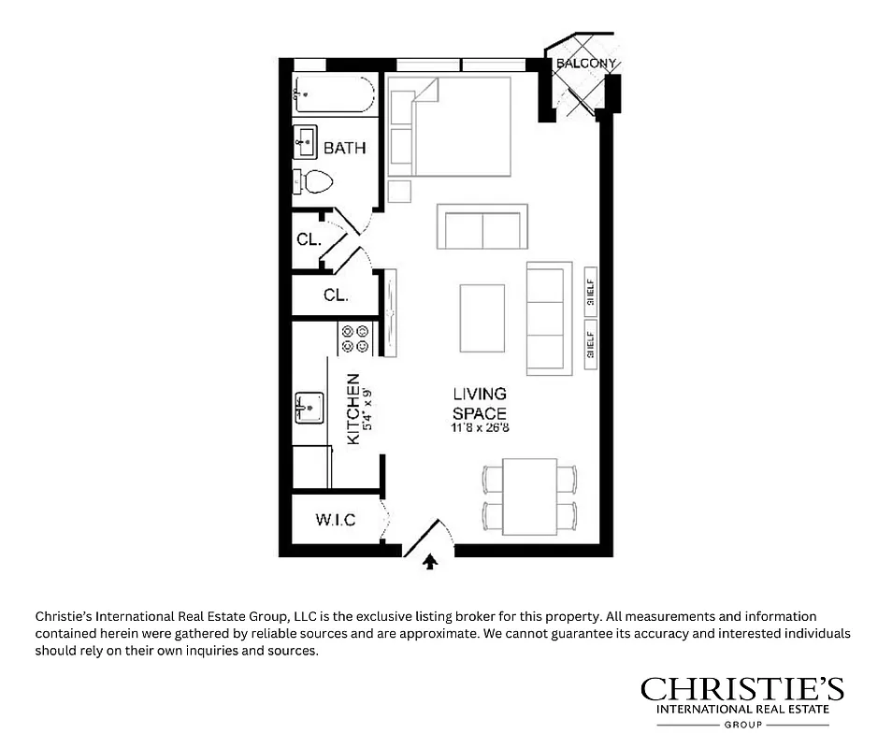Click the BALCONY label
pyautogui.click(x=586, y=64)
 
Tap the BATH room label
pyautogui.click(x=344, y=148)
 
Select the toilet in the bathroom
pyautogui.click(x=315, y=181)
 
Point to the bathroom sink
pyautogui.click(x=306, y=142)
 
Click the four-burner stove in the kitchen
pyautogui.click(x=355, y=338)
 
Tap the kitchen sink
pyautogui.click(x=309, y=408)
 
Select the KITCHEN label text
pyautogui.click(x=353, y=409)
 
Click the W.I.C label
pyautogui.click(x=335, y=520)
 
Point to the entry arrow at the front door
pyautogui.click(x=430, y=561)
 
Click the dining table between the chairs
pyautogui.click(x=529, y=496)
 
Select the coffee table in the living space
pyautogui.click(x=482, y=318)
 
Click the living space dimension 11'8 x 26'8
pyautogui.click(x=480, y=428)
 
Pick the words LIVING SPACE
pyautogui.click(x=480, y=404)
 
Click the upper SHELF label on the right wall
pyautogui.click(x=590, y=289)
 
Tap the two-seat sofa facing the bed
pyautogui.click(x=482, y=227)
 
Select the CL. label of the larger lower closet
pyautogui.click(x=336, y=295)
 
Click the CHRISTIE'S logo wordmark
pyautogui.click(x=741, y=690)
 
